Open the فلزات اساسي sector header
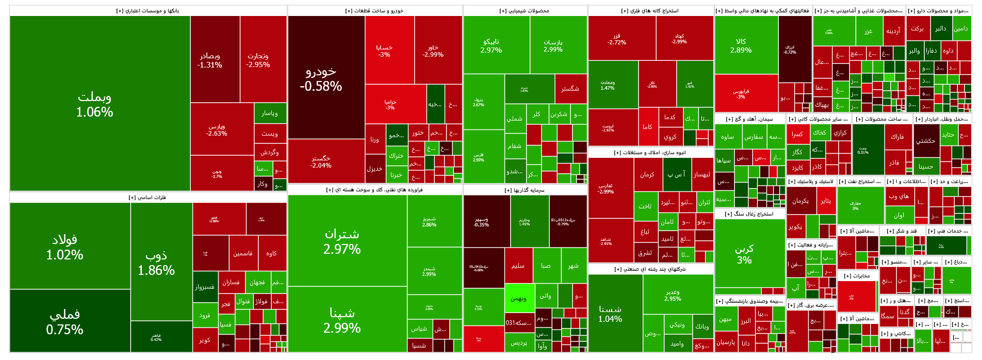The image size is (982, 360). point(148,198)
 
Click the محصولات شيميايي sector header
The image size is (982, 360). point(525,11)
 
